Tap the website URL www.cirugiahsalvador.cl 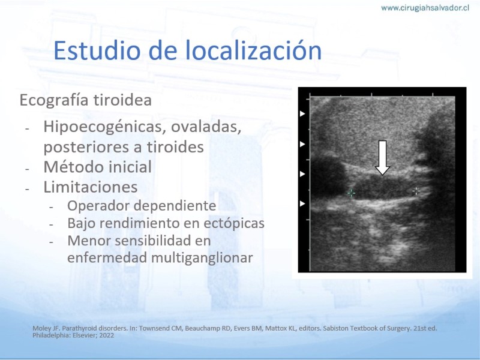pos(425,8)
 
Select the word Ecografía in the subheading pos(54,100)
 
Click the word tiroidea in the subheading pos(122,100)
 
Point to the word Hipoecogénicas pos(103,127)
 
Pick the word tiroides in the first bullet pos(175,146)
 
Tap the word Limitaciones pos(91,187)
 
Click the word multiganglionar pos(202,258)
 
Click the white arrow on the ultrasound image pos(382,158)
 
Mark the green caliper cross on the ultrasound pos(352,193)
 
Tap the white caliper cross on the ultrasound pos(416,191)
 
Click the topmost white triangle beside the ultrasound pos(302,113)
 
